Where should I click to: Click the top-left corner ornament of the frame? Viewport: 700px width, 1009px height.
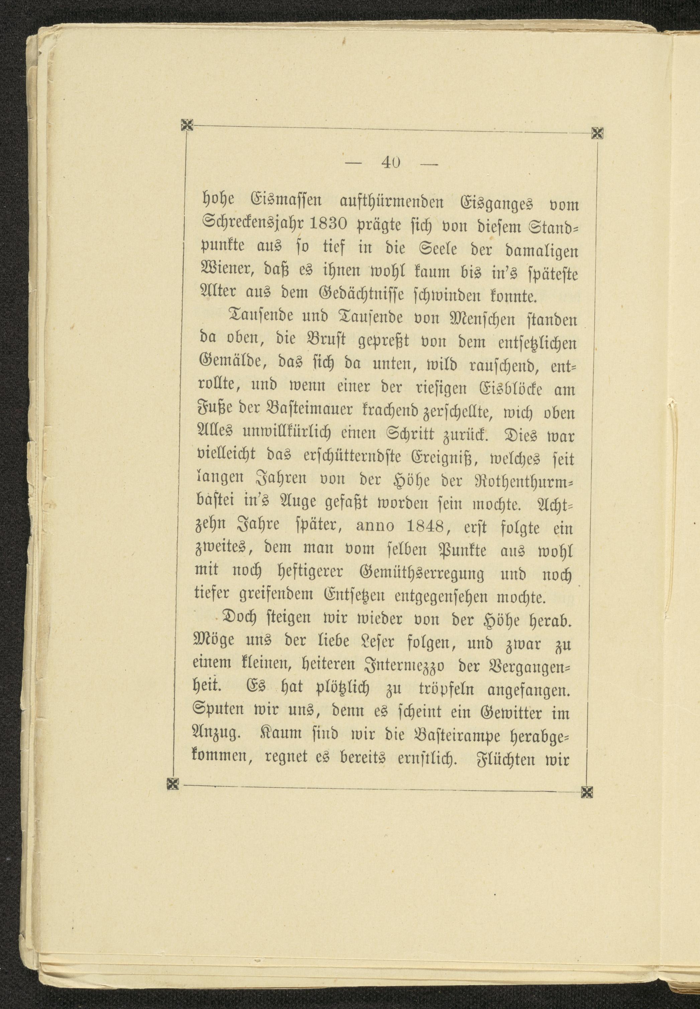pyautogui.click(x=187, y=126)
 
